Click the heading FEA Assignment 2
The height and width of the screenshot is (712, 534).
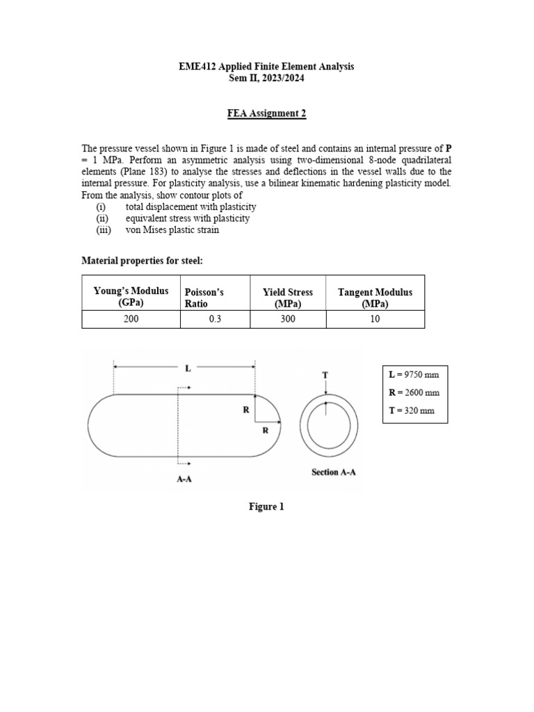point(266,113)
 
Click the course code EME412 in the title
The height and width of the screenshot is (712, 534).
point(197,66)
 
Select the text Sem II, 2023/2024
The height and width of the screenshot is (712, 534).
point(266,79)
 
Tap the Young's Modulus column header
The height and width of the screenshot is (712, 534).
point(131,298)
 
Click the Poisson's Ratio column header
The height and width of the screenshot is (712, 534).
point(204,298)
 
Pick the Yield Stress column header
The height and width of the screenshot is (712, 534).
point(287,298)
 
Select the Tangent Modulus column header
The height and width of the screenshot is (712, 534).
point(375,298)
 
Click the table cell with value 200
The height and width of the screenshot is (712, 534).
point(131,319)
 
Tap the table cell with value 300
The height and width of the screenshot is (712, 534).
point(287,319)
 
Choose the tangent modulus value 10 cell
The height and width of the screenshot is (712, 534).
point(375,319)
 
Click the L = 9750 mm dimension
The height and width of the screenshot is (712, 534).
point(414,375)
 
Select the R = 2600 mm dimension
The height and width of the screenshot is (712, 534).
point(415,393)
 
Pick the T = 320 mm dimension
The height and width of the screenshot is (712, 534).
point(412,411)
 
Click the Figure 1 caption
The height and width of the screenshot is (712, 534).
point(266,507)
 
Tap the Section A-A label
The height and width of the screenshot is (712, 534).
point(334,473)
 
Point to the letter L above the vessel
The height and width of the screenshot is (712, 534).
point(187,369)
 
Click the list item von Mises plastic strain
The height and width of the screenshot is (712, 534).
point(172,230)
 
